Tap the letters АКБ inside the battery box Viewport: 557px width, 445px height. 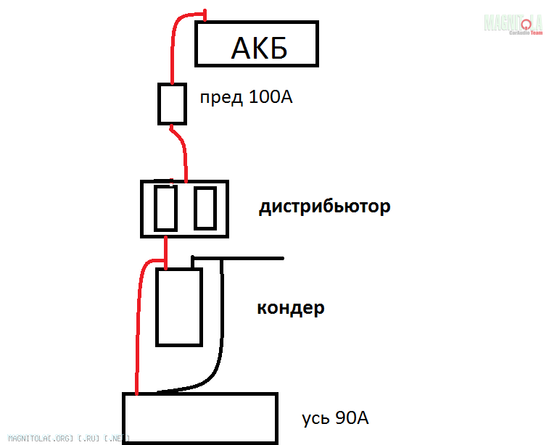(259, 49)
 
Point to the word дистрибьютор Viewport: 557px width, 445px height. (324, 207)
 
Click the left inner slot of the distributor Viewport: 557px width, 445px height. (165, 209)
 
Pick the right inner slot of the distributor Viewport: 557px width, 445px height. (205, 209)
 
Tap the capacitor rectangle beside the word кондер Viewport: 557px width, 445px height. (178, 307)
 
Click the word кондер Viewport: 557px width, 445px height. (290, 308)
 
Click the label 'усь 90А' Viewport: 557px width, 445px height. (335, 418)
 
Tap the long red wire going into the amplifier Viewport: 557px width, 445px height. (135, 326)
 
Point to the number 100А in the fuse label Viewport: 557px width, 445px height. (270, 96)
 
